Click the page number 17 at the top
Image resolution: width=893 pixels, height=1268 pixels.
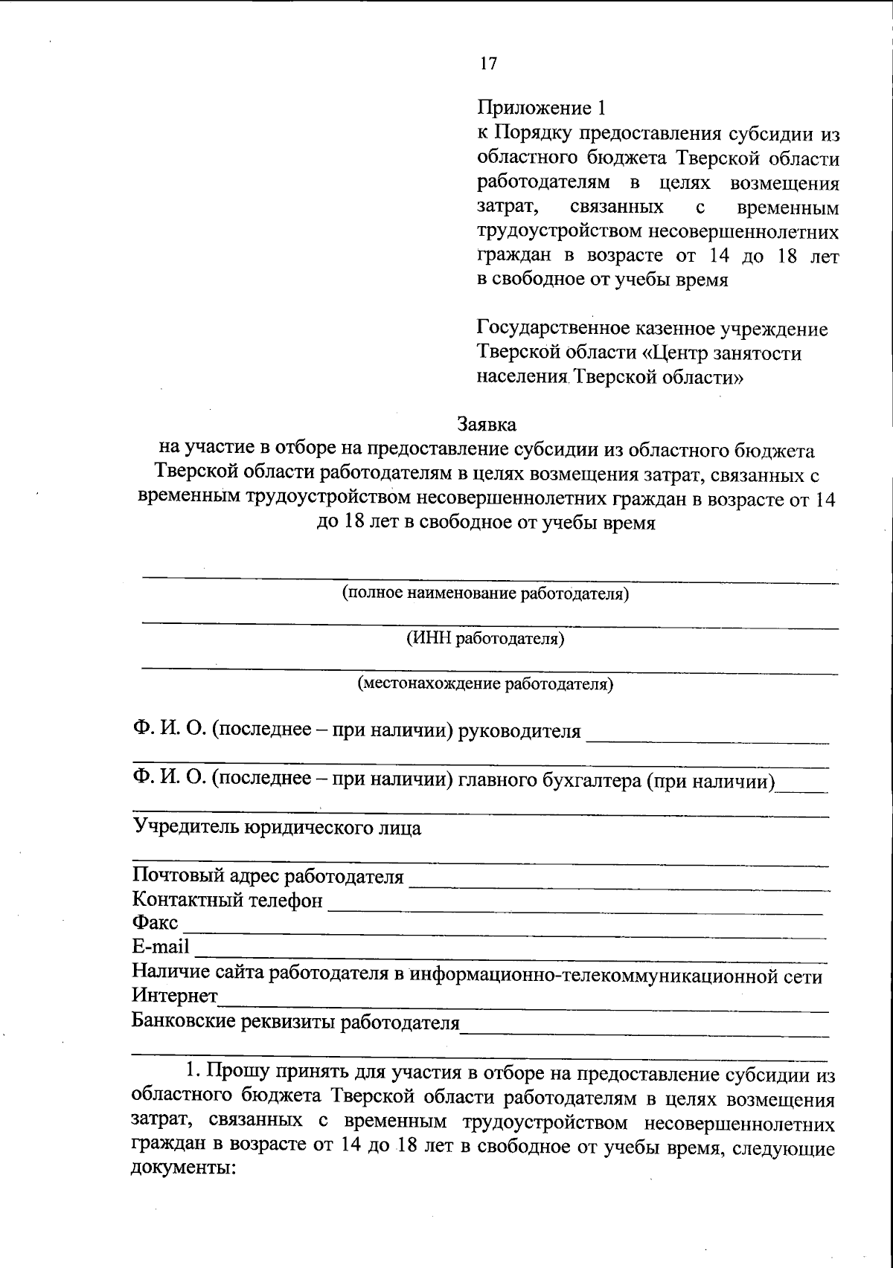click(x=488, y=63)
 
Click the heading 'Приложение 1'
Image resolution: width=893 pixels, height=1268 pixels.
click(x=542, y=109)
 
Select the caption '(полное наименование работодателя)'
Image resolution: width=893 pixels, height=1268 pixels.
click(x=485, y=593)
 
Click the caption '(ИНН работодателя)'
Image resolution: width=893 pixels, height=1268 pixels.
click(x=485, y=638)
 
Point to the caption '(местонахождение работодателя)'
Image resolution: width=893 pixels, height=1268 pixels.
click(x=485, y=683)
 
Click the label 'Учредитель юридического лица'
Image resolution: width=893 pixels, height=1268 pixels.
click(x=276, y=828)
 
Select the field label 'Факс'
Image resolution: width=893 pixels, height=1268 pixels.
click(x=155, y=923)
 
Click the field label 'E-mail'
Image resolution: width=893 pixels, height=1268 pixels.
click(x=161, y=947)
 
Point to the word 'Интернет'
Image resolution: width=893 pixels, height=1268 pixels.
click(x=175, y=995)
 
